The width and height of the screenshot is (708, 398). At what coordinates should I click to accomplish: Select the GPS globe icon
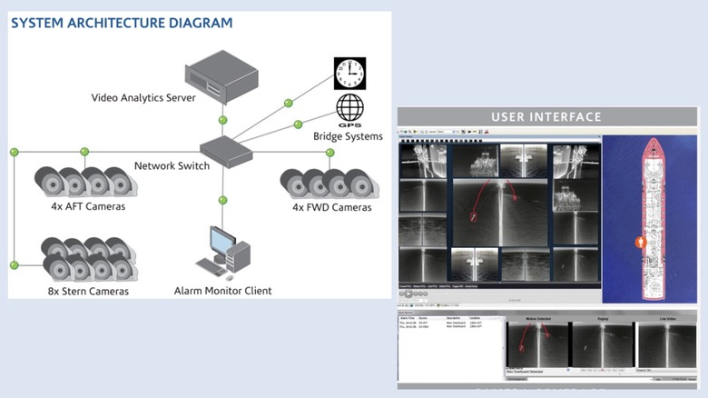pos(349,111)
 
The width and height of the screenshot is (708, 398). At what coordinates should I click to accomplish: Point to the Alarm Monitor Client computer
pos(221,251)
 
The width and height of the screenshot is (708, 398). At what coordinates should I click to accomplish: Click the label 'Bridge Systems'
pos(348,136)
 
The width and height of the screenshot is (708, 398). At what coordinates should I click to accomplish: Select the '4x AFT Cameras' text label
pos(88,206)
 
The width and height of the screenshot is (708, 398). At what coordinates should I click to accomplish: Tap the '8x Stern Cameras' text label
pos(89,291)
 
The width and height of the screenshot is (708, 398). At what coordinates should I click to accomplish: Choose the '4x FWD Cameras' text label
pos(331,207)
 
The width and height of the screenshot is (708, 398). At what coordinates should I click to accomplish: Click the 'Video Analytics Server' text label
pos(143,97)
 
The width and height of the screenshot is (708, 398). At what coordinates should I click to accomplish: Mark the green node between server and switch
pos(222,119)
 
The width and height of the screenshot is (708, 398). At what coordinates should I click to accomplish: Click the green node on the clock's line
pos(288,103)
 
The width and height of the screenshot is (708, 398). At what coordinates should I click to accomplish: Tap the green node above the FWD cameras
pos(330,152)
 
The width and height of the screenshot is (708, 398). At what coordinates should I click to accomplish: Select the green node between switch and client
pos(222,200)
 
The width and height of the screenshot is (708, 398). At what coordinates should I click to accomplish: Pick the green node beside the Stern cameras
pos(14,264)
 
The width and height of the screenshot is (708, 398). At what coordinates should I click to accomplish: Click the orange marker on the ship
pos(640,243)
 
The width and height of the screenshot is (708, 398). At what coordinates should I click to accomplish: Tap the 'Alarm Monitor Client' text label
pos(223,291)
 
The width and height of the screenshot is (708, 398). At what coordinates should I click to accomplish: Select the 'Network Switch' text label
pos(172,165)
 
